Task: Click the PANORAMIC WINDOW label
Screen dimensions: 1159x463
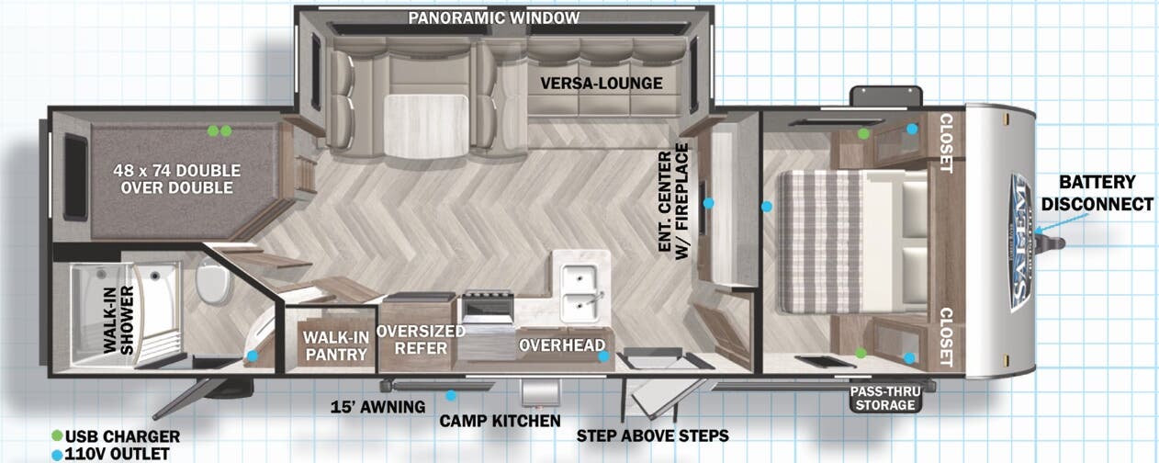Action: [x=493, y=17]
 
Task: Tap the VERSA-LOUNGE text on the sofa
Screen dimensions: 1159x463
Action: [x=602, y=84]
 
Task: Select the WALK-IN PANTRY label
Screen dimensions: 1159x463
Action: [x=336, y=345]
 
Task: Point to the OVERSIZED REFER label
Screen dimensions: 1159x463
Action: [x=421, y=339]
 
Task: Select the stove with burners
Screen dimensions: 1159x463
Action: [x=488, y=309]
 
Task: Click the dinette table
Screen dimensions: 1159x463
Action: [x=426, y=126]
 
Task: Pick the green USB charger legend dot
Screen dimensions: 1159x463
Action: [x=58, y=436]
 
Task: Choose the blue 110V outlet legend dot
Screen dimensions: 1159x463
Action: [x=57, y=455]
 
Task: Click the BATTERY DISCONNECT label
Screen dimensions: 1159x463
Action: [x=1097, y=193]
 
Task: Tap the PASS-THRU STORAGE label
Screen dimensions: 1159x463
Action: [x=885, y=399]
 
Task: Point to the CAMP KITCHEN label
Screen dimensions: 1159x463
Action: [x=500, y=421]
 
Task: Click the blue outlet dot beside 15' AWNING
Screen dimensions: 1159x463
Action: [x=451, y=395]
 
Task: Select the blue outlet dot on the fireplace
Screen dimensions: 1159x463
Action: [x=708, y=203]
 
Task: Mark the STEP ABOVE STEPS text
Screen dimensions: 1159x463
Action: [x=652, y=435]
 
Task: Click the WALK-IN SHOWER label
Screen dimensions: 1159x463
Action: [x=118, y=321]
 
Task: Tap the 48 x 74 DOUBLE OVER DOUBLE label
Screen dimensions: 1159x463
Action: [x=177, y=179]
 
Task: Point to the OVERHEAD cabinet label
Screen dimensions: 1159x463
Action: [x=562, y=345]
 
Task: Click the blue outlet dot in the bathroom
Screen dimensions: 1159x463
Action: [x=252, y=356]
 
